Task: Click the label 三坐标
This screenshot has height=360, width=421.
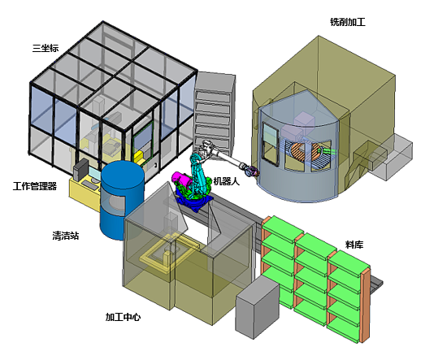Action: tap(46, 48)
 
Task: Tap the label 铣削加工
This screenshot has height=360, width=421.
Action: tap(348, 22)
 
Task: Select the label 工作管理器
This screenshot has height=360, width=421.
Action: tap(35, 186)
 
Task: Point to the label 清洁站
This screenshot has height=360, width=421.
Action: tap(66, 236)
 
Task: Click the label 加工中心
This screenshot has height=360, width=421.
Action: tap(124, 317)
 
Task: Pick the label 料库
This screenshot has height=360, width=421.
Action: tap(354, 245)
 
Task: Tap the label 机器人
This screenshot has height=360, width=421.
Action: tap(227, 181)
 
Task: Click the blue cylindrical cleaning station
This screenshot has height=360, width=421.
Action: tap(122, 201)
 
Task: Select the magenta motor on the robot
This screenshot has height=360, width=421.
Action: tap(182, 180)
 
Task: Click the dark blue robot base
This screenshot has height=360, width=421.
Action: tap(193, 202)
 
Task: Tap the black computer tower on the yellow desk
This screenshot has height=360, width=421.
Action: tap(80, 170)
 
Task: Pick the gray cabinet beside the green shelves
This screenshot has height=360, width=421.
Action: tap(258, 307)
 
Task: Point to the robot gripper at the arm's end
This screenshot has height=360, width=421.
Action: tap(252, 171)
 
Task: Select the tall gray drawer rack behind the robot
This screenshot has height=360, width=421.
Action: tap(214, 114)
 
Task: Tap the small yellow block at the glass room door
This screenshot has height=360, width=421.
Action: tap(138, 158)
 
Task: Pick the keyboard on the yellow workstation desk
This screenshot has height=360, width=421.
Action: tap(90, 184)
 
